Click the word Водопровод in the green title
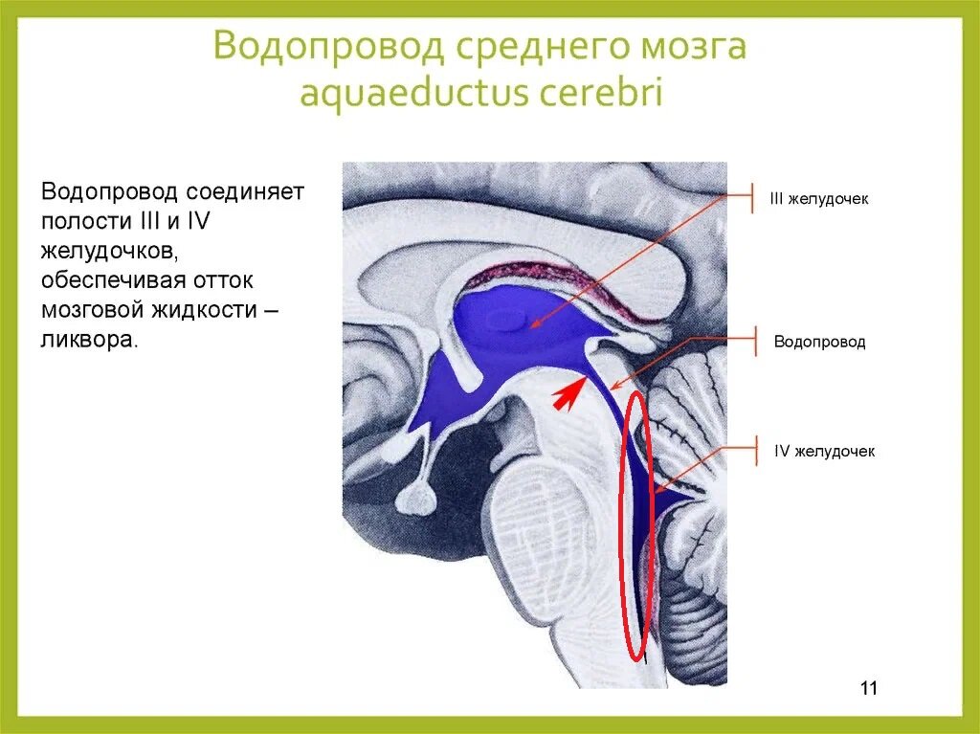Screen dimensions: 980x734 [x=329, y=46]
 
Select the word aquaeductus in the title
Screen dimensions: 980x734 [x=413, y=93]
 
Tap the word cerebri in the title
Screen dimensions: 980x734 [x=600, y=91]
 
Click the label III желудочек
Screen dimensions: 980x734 [x=819, y=199]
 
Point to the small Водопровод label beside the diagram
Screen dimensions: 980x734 [x=819, y=342]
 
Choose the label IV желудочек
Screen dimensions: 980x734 [x=824, y=451]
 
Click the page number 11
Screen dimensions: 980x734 [x=869, y=688]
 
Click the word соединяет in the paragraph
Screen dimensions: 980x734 [x=243, y=190]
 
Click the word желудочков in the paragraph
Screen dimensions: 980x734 [x=111, y=251]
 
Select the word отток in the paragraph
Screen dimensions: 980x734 [x=222, y=279]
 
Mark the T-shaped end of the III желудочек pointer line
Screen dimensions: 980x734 [x=752, y=197]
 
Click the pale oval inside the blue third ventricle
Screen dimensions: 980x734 [x=507, y=321]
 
